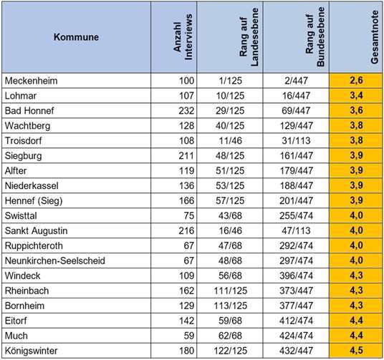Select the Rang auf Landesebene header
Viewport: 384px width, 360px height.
click(240, 37)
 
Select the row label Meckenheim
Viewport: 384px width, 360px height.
click(32, 81)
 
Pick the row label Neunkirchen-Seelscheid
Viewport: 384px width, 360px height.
click(54, 260)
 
